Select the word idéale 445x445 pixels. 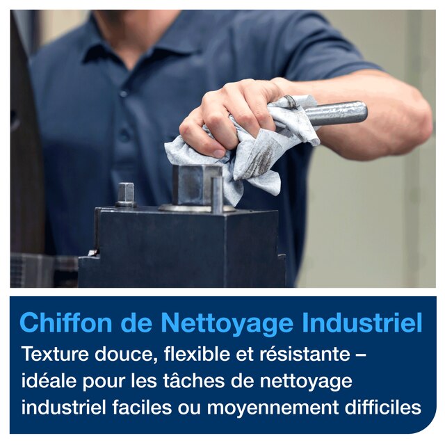coord(49,380)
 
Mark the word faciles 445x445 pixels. coord(142,407)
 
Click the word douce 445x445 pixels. coord(126,355)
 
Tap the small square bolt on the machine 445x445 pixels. coord(126,195)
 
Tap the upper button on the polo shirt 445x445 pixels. coord(123,93)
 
